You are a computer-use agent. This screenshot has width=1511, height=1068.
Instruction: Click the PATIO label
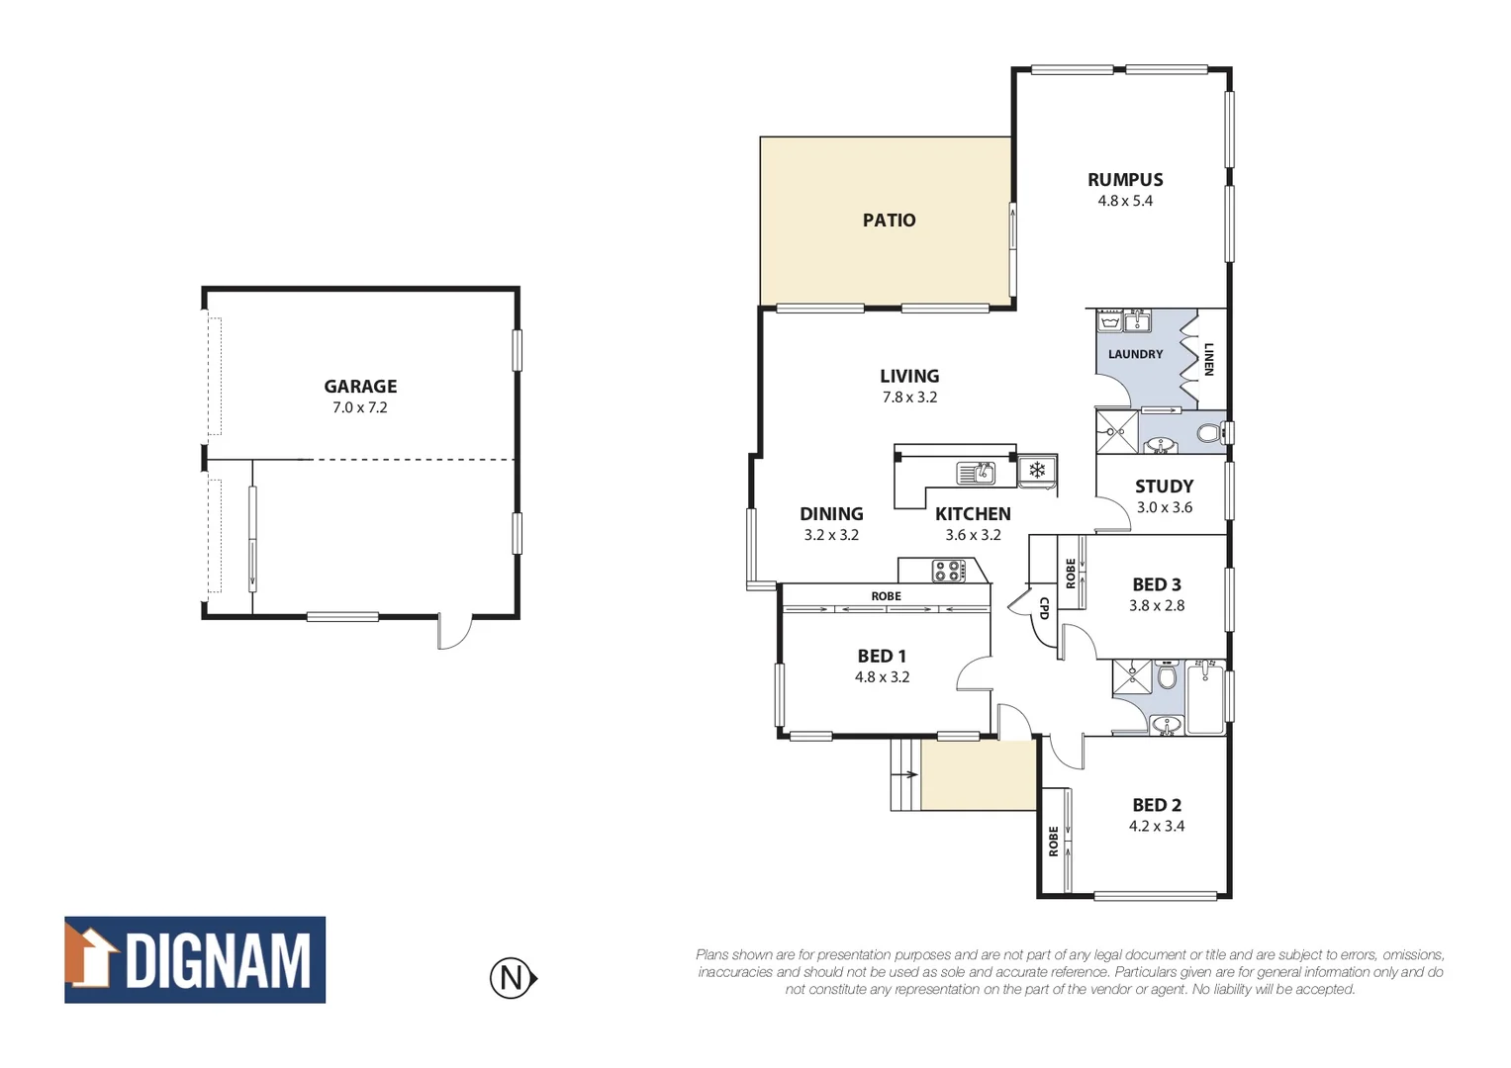[889, 221]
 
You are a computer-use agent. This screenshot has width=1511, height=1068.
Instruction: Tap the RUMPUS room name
[1125, 180]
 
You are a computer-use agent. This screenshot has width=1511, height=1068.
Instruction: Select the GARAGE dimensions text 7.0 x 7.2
[360, 407]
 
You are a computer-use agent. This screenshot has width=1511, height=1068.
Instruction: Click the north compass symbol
[513, 978]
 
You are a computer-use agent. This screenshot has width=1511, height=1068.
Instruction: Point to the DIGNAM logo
[195, 959]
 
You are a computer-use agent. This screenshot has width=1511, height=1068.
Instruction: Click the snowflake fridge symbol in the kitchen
[1037, 470]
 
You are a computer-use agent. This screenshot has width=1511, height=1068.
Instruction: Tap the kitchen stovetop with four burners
[948, 571]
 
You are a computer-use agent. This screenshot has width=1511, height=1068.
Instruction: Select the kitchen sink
[976, 474]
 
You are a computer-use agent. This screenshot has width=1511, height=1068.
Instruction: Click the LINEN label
[1208, 359]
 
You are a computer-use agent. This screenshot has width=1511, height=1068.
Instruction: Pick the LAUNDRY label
[1135, 354]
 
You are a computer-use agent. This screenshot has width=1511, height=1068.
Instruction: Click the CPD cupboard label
[1043, 607]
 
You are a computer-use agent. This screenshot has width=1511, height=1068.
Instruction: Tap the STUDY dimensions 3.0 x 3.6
[1164, 507]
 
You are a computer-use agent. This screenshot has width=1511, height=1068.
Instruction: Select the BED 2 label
[1157, 805]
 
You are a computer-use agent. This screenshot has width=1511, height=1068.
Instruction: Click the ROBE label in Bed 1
[886, 596]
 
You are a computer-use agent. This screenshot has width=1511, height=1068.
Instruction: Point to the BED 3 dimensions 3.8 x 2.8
[1156, 605]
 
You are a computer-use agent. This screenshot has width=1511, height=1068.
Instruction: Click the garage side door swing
[454, 633]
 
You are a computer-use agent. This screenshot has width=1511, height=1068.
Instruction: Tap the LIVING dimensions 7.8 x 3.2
[909, 398]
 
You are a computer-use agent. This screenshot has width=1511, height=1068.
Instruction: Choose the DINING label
[831, 514]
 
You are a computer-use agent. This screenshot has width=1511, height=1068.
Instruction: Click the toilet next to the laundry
[1207, 433]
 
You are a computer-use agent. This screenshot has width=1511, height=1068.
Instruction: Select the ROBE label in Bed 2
[1054, 842]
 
